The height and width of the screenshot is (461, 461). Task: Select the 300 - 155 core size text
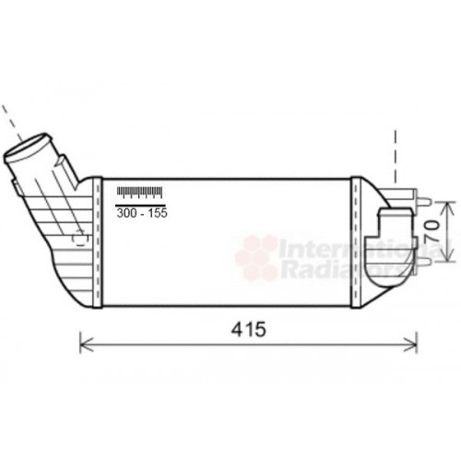click(141, 212)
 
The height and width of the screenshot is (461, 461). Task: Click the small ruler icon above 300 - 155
click(139, 193)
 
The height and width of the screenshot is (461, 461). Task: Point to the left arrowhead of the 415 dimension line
click(84, 344)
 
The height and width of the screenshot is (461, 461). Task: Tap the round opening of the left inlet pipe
click(28, 148)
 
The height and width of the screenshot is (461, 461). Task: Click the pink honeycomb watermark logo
click(257, 257)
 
